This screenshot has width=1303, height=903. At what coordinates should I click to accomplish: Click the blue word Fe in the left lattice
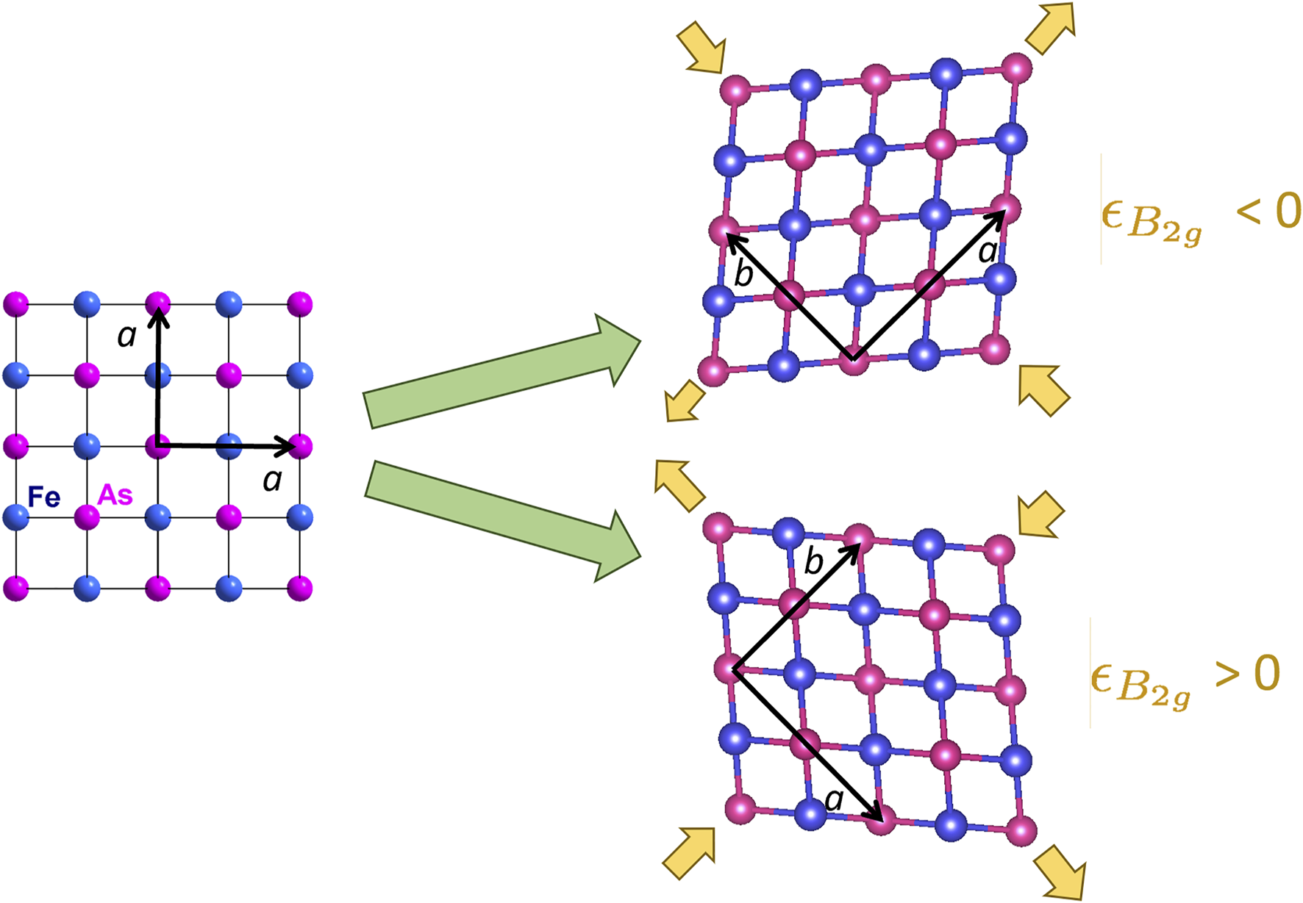(x=43, y=497)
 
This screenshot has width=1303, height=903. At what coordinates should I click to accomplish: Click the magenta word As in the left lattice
(x=115, y=494)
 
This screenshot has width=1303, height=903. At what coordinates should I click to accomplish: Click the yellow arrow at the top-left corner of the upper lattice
(x=702, y=47)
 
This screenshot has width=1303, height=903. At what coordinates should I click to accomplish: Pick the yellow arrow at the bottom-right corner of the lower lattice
(x=1060, y=871)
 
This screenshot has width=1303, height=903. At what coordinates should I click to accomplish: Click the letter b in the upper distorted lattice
(x=743, y=275)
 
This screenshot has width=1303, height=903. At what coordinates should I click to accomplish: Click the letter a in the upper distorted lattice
(x=988, y=252)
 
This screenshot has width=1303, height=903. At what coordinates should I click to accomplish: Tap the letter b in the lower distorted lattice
(x=813, y=562)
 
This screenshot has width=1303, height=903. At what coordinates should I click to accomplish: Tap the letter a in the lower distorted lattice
(x=834, y=799)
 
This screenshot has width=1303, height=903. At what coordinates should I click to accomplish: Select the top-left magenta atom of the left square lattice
(x=15, y=303)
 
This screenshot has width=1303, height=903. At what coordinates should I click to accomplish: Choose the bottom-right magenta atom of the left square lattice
(x=300, y=589)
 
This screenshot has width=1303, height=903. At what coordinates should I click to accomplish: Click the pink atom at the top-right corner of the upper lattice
(x=1017, y=68)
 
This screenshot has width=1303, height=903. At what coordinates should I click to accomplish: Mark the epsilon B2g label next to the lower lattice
(x=1140, y=685)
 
